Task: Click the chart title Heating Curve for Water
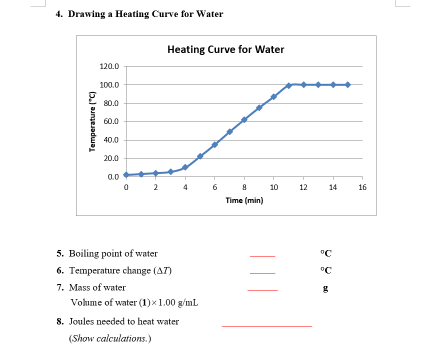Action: coord(225,49)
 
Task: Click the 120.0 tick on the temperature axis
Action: coord(109,66)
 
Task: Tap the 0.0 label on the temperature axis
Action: coord(113,177)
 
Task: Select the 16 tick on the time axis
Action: coord(362,188)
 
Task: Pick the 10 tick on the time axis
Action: coord(273,188)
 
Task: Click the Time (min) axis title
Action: coord(244,200)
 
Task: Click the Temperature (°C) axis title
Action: coord(91,121)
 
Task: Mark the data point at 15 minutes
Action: coord(347,84)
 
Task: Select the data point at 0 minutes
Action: coord(126,174)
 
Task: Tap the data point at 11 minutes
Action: coord(288,85)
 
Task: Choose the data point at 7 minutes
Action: coord(229,131)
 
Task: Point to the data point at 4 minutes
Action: coord(185,167)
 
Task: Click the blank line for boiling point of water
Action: coord(262,256)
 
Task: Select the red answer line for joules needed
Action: coord(266,325)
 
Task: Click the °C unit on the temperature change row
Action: coord(325,270)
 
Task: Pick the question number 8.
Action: coord(59,321)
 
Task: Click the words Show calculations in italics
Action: coord(109,338)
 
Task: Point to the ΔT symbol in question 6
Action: coord(164,270)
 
